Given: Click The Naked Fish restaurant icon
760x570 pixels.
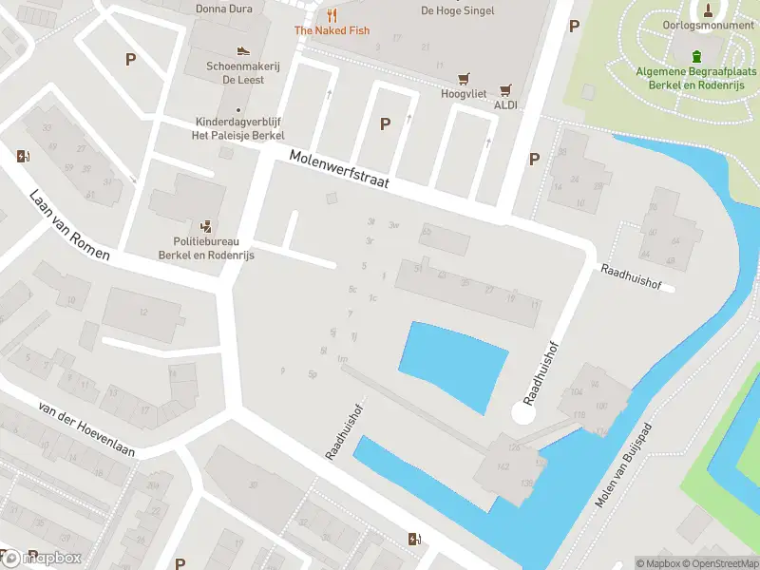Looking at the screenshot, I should tap(332, 15).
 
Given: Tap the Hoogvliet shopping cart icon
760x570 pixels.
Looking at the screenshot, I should tap(464, 78).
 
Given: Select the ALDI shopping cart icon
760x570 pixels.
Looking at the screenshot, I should tap(505, 88).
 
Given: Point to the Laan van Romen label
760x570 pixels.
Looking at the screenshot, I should tap(69, 224).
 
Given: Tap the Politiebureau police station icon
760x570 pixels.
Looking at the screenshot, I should tap(206, 226).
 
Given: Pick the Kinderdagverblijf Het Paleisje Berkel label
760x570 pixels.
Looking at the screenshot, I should tap(239, 128).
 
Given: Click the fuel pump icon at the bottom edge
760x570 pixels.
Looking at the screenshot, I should tap(413, 540).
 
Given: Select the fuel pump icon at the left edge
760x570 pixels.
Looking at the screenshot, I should tap(22, 156).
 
